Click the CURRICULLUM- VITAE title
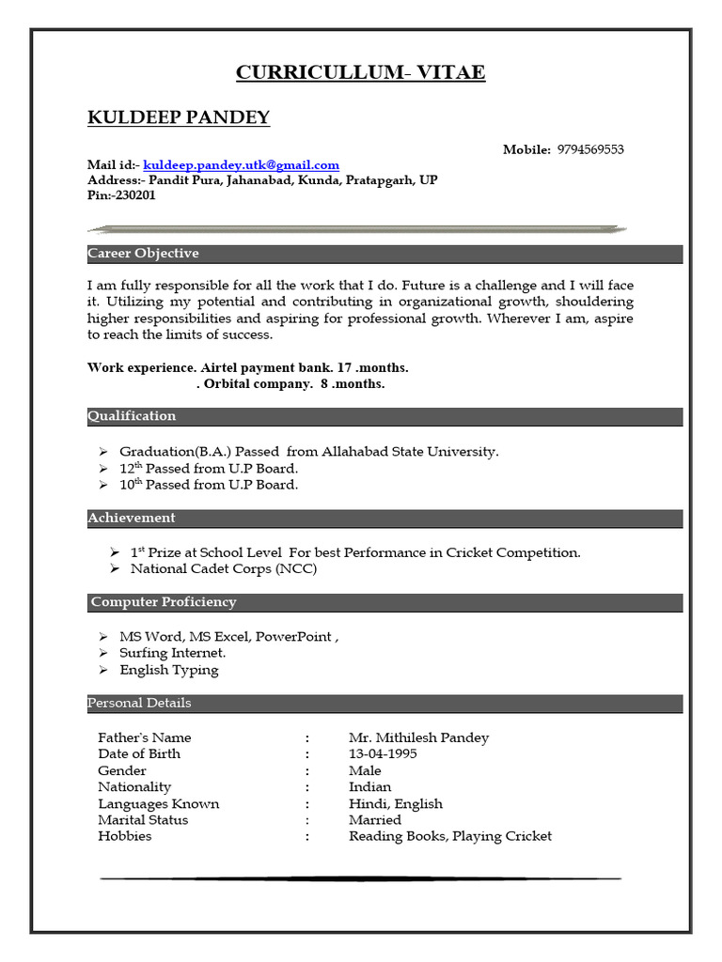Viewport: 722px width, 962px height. pyautogui.click(x=360, y=72)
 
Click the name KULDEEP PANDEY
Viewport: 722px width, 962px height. pyautogui.click(x=179, y=117)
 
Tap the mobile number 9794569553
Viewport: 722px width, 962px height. pyautogui.click(x=590, y=149)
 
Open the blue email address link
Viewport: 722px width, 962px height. pyautogui.click(x=241, y=165)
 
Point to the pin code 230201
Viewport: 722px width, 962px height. pyautogui.click(x=135, y=195)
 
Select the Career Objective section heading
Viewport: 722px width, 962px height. pyautogui.click(x=143, y=254)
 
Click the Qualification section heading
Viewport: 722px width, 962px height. pyautogui.click(x=132, y=416)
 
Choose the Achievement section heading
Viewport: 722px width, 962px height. pyautogui.click(x=132, y=518)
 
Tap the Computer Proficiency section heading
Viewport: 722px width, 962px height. pyautogui.click(x=164, y=602)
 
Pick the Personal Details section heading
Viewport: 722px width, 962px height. pyautogui.click(x=139, y=703)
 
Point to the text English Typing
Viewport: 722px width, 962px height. pyautogui.click(x=169, y=670)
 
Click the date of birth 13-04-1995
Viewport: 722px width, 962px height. pyautogui.click(x=383, y=753)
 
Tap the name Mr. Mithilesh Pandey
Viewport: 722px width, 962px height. pyautogui.click(x=418, y=737)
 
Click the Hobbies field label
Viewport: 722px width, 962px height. pyautogui.click(x=124, y=836)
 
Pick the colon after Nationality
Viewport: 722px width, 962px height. pyautogui.click(x=306, y=787)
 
